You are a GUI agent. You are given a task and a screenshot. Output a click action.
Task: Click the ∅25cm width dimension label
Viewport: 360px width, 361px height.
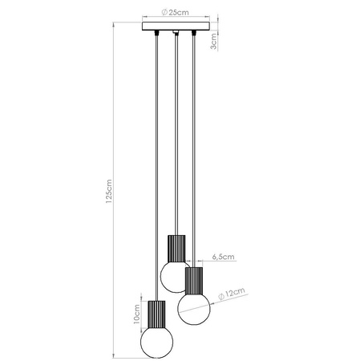pyautogui.click(x=174, y=14)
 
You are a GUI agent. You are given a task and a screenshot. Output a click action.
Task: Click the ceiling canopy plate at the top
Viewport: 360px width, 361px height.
pyautogui.click(x=175, y=28)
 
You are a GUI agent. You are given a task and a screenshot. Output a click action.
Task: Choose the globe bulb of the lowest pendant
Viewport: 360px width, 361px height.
pyautogui.click(x=155, y=343)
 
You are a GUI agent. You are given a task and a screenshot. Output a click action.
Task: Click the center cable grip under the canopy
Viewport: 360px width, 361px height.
pyautogui.click(x=175, y=34)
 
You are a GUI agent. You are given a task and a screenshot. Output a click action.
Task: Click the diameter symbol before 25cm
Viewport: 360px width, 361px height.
pyautogui.click(x=164, y=14)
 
